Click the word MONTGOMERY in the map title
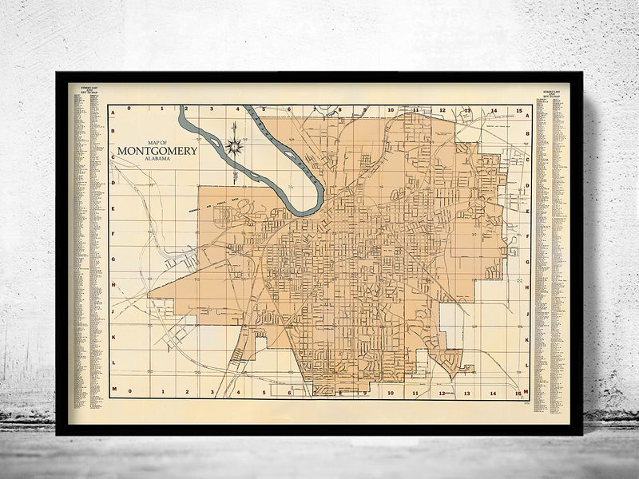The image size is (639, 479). coord(157,151)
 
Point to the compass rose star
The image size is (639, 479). coord(234,145)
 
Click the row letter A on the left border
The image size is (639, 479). coord(113,113)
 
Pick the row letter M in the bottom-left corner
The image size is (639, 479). coord(113,390)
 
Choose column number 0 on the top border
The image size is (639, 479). coord(136,109)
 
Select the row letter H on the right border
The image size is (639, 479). coord(527,285)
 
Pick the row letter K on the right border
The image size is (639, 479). coord(527,338)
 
